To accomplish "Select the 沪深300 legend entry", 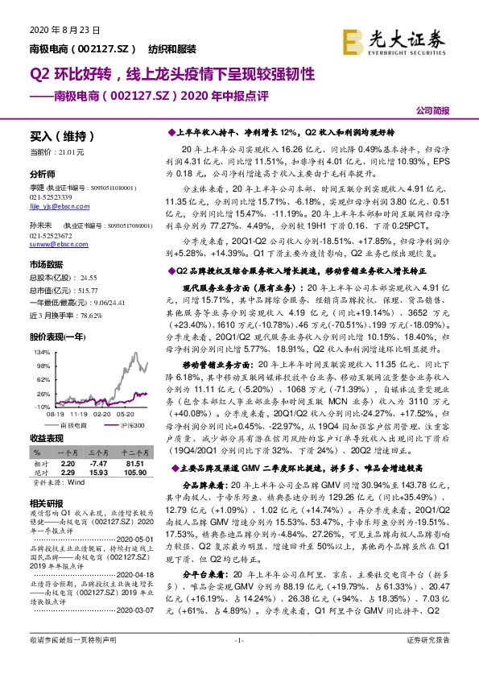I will coord(127,424).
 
